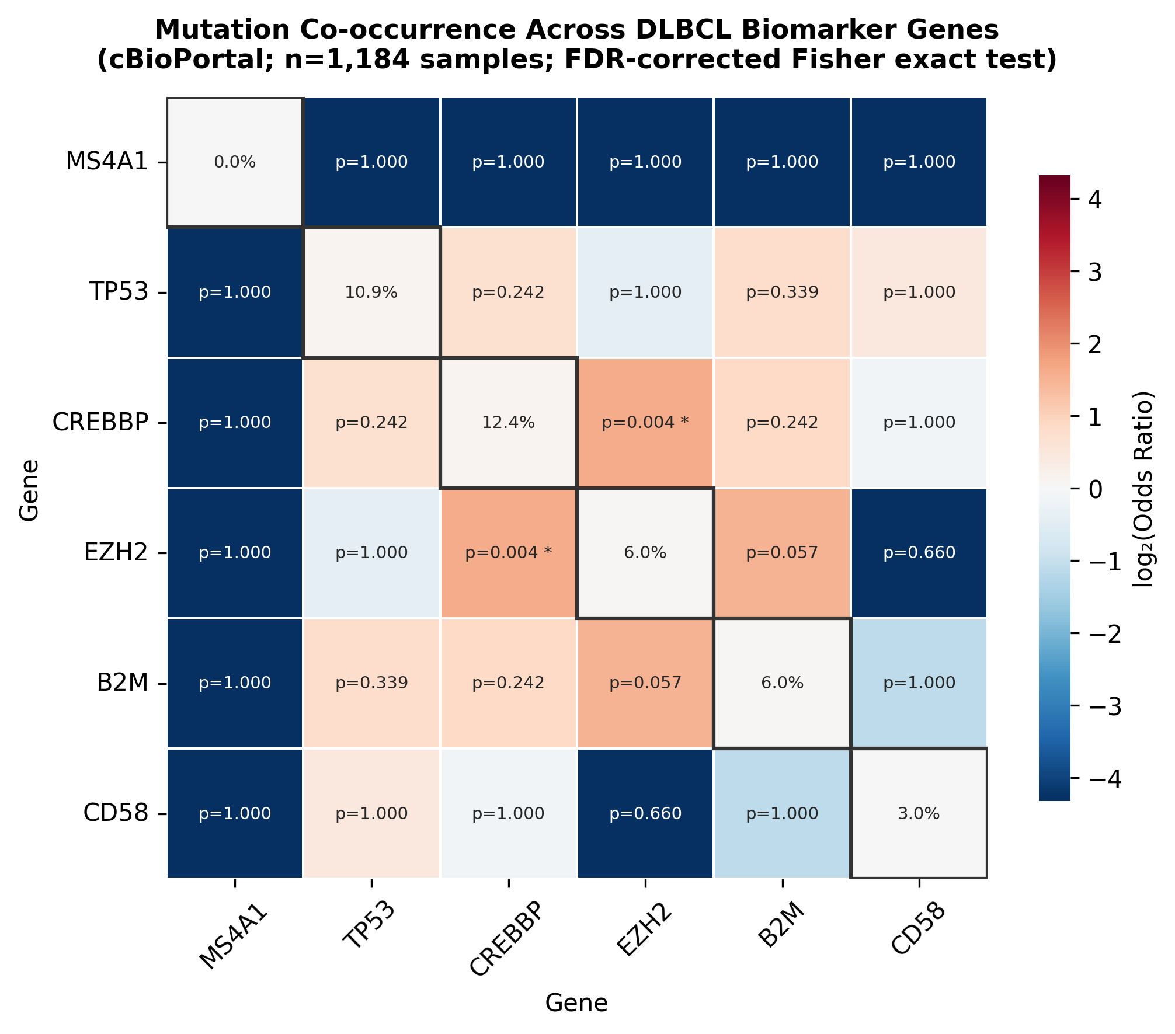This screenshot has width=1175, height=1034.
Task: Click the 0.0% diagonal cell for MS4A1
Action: pyautogui.click(x=235, y=162)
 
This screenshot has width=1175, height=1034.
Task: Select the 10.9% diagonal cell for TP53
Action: pyautogui.click(x=371, y=292)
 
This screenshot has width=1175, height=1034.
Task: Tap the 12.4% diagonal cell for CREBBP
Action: pyautogui.click(x=508, y=422)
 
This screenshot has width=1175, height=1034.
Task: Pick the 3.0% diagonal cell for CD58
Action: pyautogui.click(x=919, y=813)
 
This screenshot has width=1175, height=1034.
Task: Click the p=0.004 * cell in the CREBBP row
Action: pyautogui.click(x=645, y=422)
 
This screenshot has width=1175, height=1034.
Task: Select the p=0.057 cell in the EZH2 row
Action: pyautogui.click(x=782, y=552)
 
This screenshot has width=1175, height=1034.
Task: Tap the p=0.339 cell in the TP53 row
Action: pyautogui.click(x=782, y=292)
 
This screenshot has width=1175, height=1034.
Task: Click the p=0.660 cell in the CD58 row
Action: pyautogui.click(x=645, y=813)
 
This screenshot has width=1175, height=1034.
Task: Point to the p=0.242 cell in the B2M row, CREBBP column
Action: pyautogui.click(x=508, y=683)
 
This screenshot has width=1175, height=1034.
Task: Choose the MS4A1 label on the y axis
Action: pyautogui.click(x=107, y=162)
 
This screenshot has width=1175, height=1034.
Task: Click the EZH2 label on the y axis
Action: pyautogui.click(x=116, y=552)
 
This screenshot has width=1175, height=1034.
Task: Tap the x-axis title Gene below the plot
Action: pyautogui.click(x=576, y=1003)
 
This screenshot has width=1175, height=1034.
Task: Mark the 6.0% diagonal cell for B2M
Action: pyautogui.click(x=782, y=683)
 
